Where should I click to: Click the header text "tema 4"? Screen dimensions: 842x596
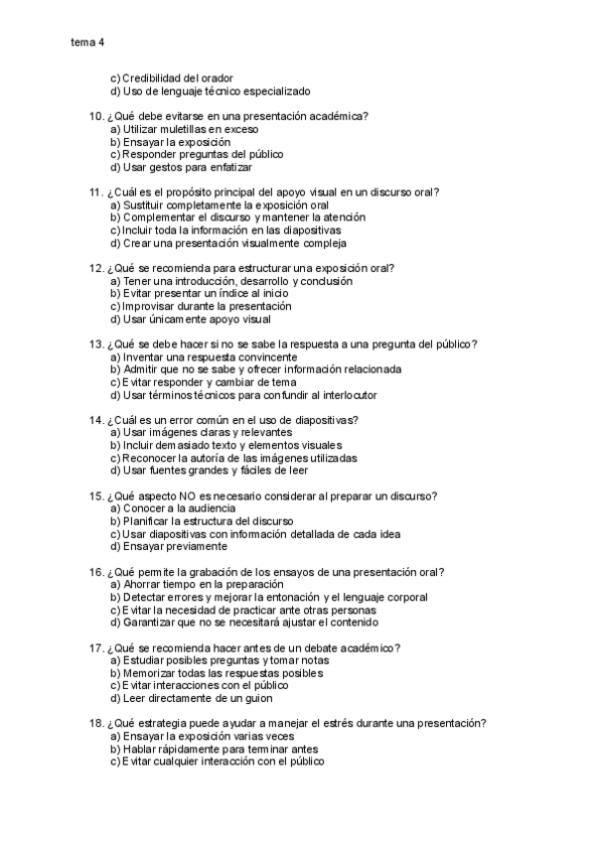click(x=87, y=42)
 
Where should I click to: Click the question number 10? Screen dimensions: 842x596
click(x=96, y=116)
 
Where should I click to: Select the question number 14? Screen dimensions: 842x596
click(x=96, y=420)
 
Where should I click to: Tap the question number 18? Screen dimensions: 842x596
click(x=96, y=724)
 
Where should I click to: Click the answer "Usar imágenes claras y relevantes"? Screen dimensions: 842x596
click(x=208, y=433)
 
